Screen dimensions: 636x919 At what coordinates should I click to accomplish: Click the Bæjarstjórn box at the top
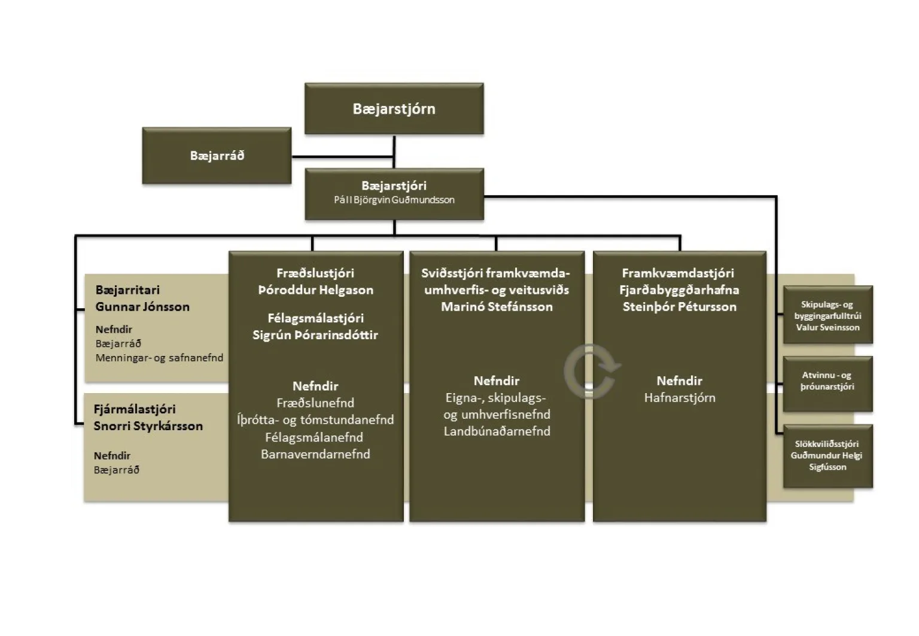pyautogui.click(x=394, y=109)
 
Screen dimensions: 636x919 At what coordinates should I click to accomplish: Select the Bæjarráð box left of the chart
pyautogui.click(x=217, y=156)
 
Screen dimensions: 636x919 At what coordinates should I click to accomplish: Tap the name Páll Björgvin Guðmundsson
pyautogui.click(x=394, y=200)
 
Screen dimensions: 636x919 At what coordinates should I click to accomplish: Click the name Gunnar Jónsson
pyautogui.click(x=142, y=307)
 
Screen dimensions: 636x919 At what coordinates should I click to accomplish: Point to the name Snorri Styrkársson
pyautogui.click(x=148, y=426)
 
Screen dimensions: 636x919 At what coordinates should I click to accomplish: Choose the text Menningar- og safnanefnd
pyautogui.click(x=159, y=358)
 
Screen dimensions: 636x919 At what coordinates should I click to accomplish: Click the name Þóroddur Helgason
pyautogui.click(x=315, y=290)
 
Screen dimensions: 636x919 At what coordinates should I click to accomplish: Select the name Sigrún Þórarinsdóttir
pyautogui.click(x=315, y=335)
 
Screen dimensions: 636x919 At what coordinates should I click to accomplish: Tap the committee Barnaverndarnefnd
pyautogui.click(x=315, y=454)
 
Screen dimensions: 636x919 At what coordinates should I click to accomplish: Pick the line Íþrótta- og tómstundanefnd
pyautogui.click(x=315, y=420)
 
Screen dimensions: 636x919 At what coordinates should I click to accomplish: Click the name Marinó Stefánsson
pyautogui.click(x=497, y=307)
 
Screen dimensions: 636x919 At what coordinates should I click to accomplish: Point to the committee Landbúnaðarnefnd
pyautogui.click(x=497, y=431)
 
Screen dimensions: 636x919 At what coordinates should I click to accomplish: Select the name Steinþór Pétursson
pyautogui.click(x=679, y=307)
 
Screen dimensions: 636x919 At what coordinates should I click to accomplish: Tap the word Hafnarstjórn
pyautogui.click(x=679, y=398)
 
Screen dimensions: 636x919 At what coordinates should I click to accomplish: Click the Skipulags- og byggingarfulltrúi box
pyautogui.click(x=827, y=315)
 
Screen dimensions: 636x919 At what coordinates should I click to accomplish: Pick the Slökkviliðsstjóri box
pyautogui.click(x=827, y=455)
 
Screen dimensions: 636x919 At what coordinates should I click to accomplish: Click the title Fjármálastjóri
pyautogui.click(x=135, y=410)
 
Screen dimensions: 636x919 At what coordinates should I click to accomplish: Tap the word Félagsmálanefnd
pyautogui.click(x=315, y=437)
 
